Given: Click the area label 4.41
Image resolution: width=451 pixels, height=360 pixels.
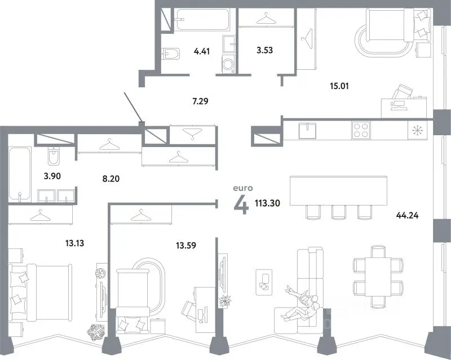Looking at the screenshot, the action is (x=202, y=51).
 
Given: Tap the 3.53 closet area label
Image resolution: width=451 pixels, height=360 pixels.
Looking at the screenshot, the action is (x=264, y=50).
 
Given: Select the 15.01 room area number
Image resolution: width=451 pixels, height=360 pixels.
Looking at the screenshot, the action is (x=339, y=86).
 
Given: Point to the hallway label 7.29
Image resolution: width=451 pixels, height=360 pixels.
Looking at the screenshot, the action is (x=200, y=101).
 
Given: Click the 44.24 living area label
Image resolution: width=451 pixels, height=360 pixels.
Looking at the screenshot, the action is (x=407, y=215).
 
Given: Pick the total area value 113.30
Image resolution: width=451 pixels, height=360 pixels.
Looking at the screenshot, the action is (x=267, y=203).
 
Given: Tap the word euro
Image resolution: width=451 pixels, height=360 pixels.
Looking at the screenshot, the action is (x=243, y=188).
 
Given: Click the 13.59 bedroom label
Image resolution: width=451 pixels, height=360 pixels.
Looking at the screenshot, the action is (x=186, y=246).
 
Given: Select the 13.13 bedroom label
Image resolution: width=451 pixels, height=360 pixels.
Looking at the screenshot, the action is (x=74, y=243).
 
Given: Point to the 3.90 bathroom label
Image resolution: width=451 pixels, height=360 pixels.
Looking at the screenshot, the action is (x=52, y=176).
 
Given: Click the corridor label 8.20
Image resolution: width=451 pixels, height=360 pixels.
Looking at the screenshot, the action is (x=110, y=179).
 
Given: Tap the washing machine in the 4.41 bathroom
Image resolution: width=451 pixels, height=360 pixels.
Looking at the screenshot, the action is (x=228, y=64).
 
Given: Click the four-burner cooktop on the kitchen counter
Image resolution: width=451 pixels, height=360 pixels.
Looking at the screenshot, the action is (x=361, y=130).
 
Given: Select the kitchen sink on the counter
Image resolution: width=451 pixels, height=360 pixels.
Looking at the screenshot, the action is (x=307, y=131).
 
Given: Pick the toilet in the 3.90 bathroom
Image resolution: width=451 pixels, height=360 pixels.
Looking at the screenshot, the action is (x=54, y=155).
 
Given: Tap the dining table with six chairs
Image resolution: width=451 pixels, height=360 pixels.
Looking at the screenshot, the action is (x=378, y=277).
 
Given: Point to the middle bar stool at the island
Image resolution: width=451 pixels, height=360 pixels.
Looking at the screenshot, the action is (x=338, y=212).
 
